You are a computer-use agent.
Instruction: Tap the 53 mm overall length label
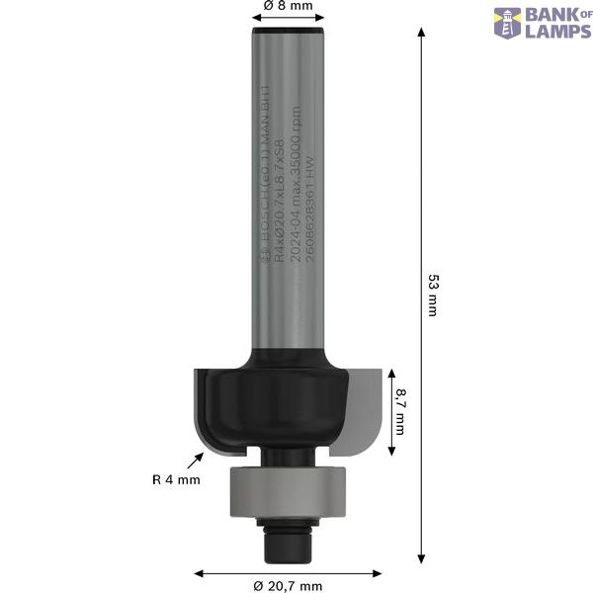pos(431,294)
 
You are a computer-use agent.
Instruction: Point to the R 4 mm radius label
pos(176,480)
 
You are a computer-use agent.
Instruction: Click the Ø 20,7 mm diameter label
pos(288,586)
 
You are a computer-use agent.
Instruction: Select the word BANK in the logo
pos(551,15)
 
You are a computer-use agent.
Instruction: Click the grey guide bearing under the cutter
pos(287,489)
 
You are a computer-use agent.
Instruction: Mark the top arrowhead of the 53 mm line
pos(422,31)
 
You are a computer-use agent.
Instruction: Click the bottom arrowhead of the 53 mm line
pos(422,560)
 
